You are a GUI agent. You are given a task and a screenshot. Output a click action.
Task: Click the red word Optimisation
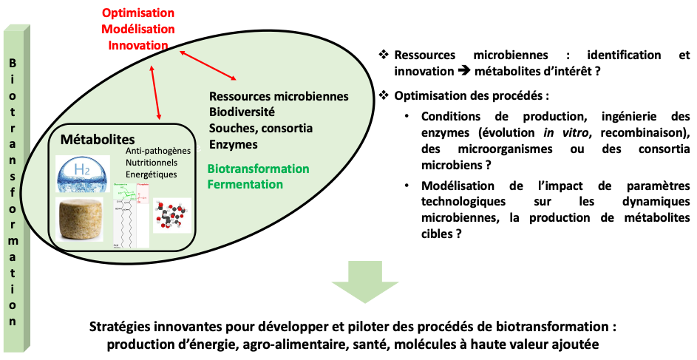(138, 14)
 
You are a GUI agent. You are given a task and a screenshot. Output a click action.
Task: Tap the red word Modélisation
(138, 30)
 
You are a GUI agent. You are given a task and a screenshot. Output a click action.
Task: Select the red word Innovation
(138, 45)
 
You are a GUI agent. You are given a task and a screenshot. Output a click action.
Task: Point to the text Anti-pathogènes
(158, 150)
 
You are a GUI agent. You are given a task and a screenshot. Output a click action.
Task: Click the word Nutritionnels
(152, 162)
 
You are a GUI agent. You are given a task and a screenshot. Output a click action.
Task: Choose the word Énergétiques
(152, 174)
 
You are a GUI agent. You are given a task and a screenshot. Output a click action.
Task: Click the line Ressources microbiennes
(279, 97)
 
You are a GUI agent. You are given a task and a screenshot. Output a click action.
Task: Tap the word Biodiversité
(242, 112)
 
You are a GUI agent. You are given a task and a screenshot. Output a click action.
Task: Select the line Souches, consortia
(260, 128)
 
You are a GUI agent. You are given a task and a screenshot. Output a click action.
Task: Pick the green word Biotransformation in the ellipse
(258, 169)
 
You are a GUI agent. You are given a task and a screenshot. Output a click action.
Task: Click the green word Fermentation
(245, 184)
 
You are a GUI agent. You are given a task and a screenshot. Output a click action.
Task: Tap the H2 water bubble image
(83, 174)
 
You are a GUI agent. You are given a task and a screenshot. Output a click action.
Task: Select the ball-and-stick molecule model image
(172, 216)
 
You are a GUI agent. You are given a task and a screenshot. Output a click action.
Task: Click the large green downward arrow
(365, 281)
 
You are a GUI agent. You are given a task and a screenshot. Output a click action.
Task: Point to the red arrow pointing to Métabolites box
(155, 92)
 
